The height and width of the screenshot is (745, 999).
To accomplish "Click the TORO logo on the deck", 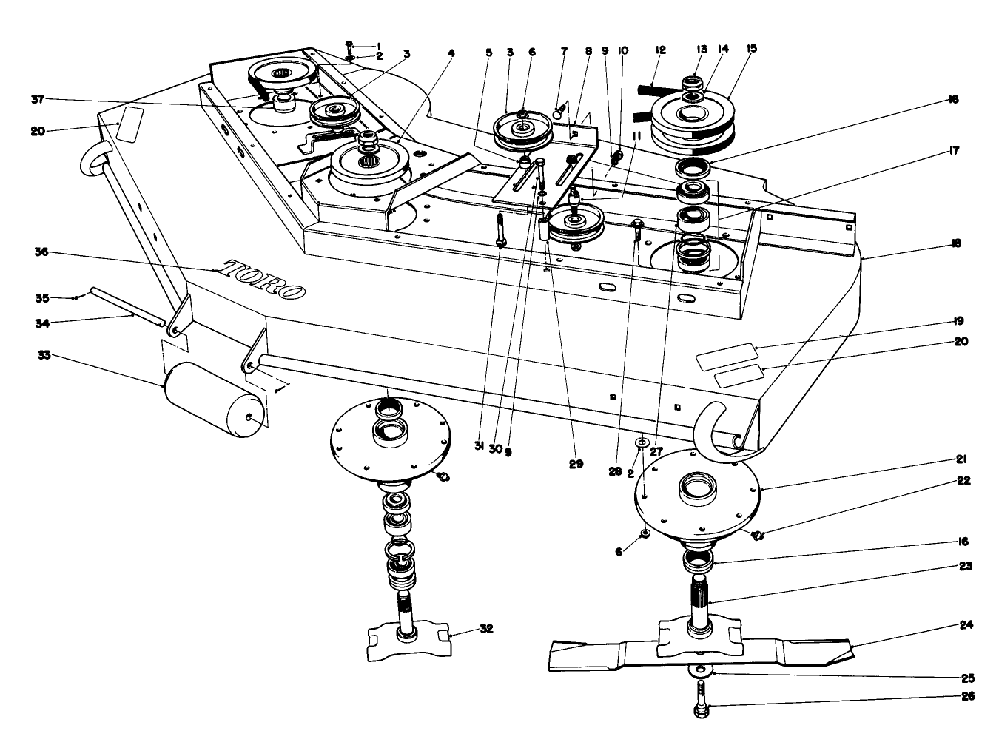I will pos(265,280).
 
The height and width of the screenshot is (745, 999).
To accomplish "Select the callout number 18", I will pos(955,243).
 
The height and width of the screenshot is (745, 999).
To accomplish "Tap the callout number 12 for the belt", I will pos(660,50).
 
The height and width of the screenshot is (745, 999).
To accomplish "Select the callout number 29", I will pos(576,465).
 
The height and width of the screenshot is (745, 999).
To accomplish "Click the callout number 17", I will pos(954,151).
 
